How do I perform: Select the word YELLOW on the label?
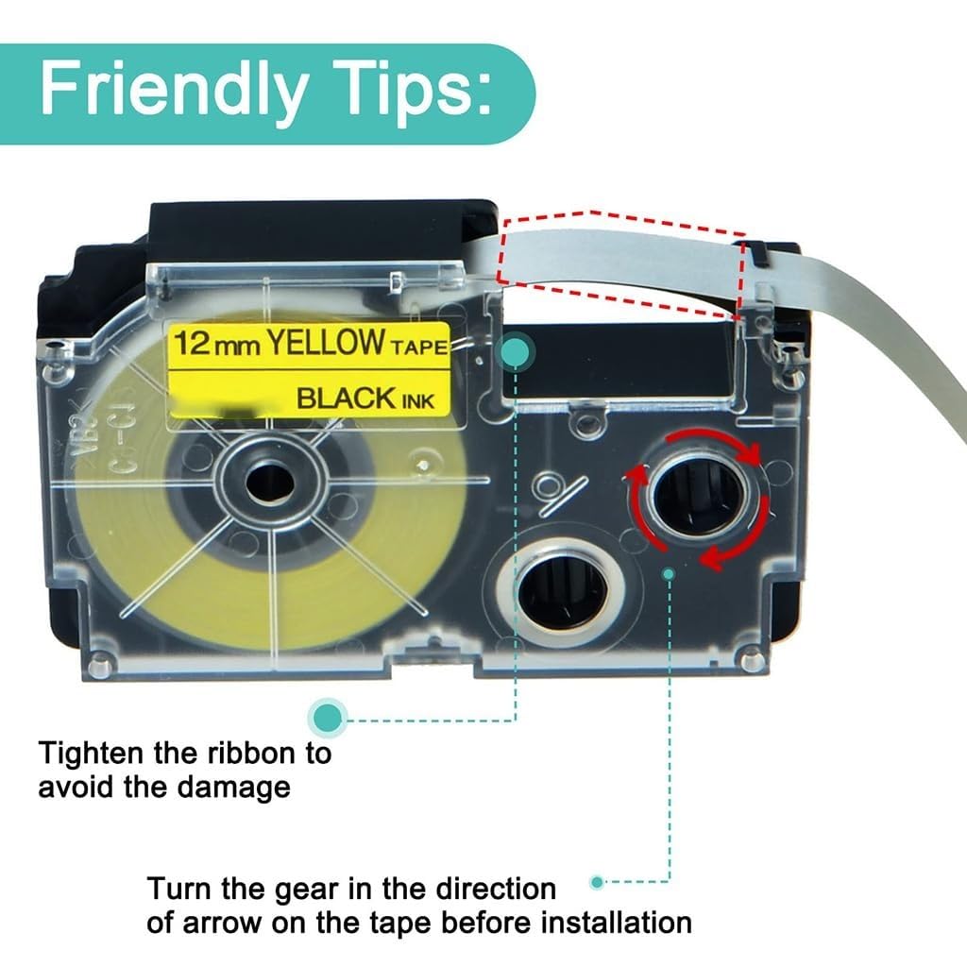(324, 343)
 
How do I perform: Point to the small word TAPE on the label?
(416, 347)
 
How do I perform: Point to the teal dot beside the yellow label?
(516, 354)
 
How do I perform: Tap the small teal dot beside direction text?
(596, 882)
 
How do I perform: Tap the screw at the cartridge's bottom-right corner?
(752, 660)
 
